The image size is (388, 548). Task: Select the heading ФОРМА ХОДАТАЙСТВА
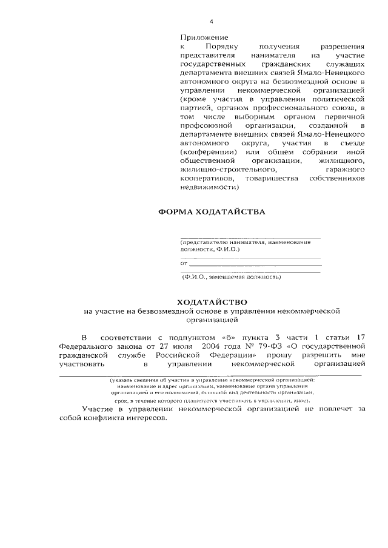click(x=212, y=213)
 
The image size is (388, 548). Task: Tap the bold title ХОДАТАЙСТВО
click(x=212, y=301)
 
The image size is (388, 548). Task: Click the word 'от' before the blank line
click(x=184, y=263)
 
